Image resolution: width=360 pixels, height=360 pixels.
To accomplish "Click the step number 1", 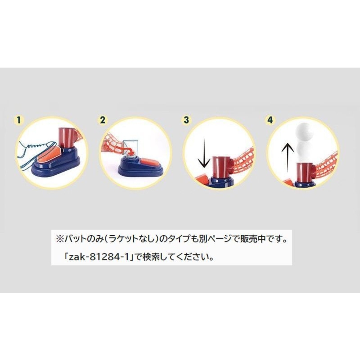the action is (x=18, y=120).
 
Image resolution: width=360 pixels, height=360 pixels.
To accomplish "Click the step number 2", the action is (x=102, y=120).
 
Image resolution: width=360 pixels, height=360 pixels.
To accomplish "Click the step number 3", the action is (x=186, y=120).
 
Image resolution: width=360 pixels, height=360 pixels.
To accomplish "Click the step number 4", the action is (x=270, y=120).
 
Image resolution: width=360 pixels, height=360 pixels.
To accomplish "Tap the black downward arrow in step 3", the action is (x=204, y=153).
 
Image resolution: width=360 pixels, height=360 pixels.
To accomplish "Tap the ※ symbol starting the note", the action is (x=60, y=239).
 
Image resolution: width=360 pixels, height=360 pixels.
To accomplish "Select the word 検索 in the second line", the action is (x=151, y=257).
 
